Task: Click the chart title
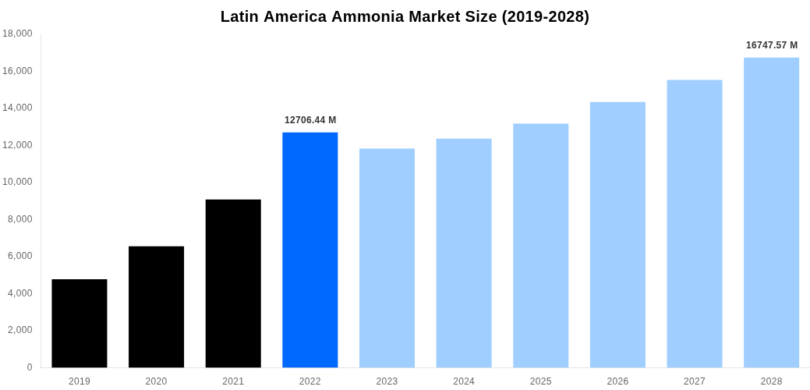tap(405, 16)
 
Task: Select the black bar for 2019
tap(80, 323)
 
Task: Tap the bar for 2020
tap(156, 307)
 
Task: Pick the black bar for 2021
tap(233, 283)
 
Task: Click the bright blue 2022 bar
tap(310, 250)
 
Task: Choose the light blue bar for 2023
tap(387, 257)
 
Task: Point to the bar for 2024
tap(464, 253)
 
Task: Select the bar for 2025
tap(540, 245)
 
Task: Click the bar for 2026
tap(617, 234)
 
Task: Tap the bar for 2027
tap(695, 223)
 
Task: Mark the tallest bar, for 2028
tap(771, 212)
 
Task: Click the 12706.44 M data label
tap(310, 120)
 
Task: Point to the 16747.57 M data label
tap(771, 45)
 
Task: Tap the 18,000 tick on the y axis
tap(17, 34)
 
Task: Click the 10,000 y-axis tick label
tap(17, 182)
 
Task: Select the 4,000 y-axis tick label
tap(19, 293)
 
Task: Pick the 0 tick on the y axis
tap(30, 367)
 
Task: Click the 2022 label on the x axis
tap(310, 381)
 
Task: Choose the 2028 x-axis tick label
tap(771, 381)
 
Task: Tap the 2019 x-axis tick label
tap(80, 381)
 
